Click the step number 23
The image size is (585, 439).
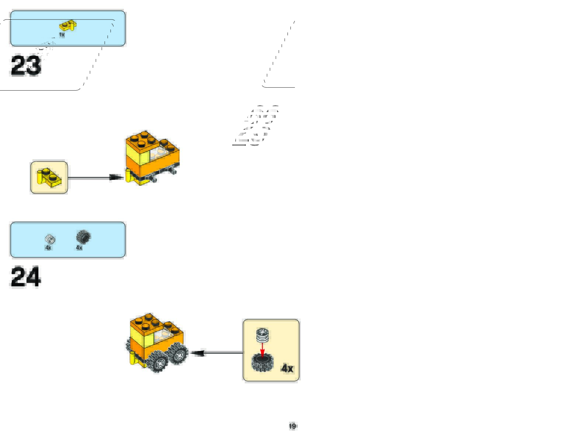[x=26, y=66]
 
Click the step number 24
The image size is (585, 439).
[x=25, y=277]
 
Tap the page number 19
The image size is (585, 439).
[x=292, y=426]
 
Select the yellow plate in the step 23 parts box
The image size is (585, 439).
[x=68, y=26]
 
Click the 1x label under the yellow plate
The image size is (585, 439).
[x=62, y=35]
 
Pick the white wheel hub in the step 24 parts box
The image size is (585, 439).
[x=50, y=239]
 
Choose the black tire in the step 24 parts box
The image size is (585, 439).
[x=83, y=237]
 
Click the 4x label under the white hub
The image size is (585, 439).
[x=48, y=248]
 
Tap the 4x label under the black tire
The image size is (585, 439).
[x=79, y=248]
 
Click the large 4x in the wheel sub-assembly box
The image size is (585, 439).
[x=287, y=368]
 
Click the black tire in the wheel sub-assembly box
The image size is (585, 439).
[x=262, y=363]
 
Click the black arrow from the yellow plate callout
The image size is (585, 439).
[x=96, y=178]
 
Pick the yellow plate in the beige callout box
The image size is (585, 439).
[x=49, y=177]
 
